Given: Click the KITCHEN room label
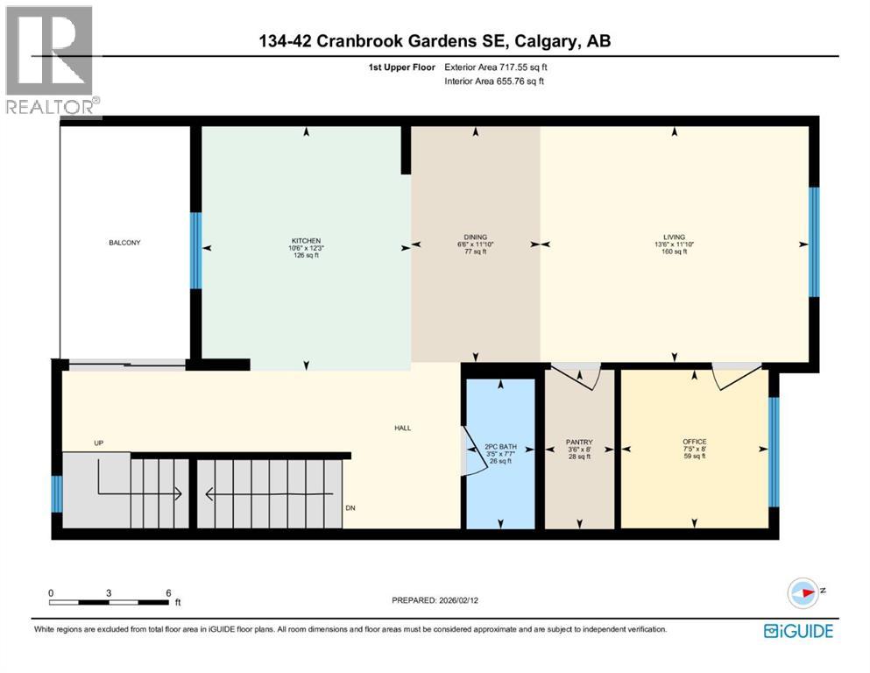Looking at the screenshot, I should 306,241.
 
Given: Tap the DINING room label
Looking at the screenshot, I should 476,237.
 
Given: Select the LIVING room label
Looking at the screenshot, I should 674,237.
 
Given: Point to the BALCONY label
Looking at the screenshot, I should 124,243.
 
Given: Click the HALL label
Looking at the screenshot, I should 402,428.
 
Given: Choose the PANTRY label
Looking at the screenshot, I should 579,443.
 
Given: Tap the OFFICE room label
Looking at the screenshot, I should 694,442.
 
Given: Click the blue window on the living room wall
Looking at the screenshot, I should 813,242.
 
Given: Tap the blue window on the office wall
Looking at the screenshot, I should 773,452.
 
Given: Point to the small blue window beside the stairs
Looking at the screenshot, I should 56,494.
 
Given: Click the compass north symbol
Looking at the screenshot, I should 804,593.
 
